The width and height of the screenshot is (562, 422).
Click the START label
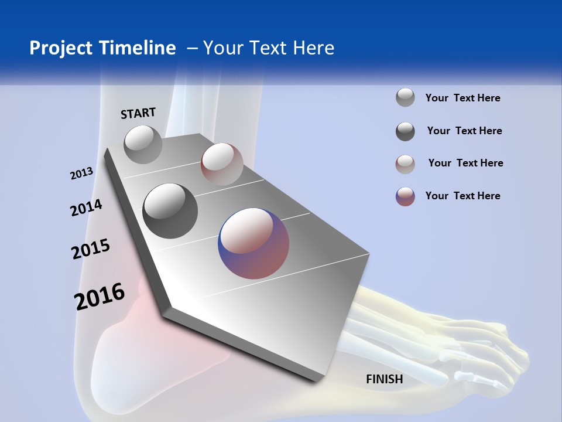[x=138, y=113]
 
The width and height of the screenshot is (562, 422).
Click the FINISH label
[x=384, y=379]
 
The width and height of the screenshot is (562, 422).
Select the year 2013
[x=81, y=173]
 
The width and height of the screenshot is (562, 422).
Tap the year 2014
[x=86, y=207]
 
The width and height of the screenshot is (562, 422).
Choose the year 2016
[x=100, y=297]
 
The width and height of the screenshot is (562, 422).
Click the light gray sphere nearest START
[x=143, y=144]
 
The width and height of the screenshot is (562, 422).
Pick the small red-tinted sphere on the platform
[x=221, y=164]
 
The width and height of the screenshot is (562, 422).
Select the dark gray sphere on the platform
[x=170, y=210]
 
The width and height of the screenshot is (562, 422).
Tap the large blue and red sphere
[x=253, y=243]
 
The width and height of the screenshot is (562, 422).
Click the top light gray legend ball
[x=405, y=97]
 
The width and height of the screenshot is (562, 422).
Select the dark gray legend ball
[x=405, y=131]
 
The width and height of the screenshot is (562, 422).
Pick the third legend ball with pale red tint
[x=405, y=164]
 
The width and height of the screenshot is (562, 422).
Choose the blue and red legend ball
[x=405, y=196]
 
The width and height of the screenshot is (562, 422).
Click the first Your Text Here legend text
[x=462, y=98]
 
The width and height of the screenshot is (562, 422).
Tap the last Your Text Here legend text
[x=462, y=196]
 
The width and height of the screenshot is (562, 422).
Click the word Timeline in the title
[x=139, y=48]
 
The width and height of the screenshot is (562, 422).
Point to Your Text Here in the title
[x=269, y=48]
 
